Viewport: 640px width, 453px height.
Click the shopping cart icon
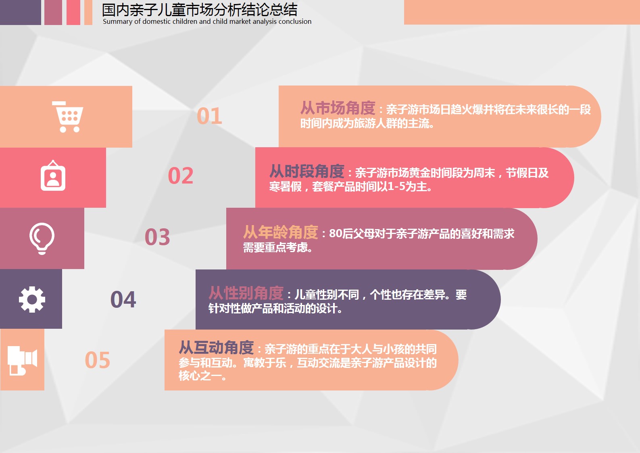[68, 117]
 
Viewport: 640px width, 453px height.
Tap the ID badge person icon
[53, 175]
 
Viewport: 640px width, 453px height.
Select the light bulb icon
[42, 238]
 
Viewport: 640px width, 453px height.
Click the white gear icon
[32, 299]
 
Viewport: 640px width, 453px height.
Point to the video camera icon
[22, 360]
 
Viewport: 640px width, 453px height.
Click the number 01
[209, 116]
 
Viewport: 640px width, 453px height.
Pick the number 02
[181, 175]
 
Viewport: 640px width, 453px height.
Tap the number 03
[157, 237]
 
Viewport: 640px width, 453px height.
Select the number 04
[123, 300]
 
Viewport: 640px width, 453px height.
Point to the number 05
[98, 360]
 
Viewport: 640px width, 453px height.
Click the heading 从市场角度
[338, 108]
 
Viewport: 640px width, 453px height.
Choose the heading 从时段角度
[307, 171]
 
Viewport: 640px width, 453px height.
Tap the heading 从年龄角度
[281, 232]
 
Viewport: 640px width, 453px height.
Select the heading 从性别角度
[246, 293]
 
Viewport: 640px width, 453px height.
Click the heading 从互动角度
[216, 348]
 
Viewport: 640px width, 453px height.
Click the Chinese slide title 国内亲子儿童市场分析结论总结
[200, 10]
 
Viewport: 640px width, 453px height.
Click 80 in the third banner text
[336, 234]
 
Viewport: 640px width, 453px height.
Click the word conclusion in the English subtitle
[295, 21]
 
